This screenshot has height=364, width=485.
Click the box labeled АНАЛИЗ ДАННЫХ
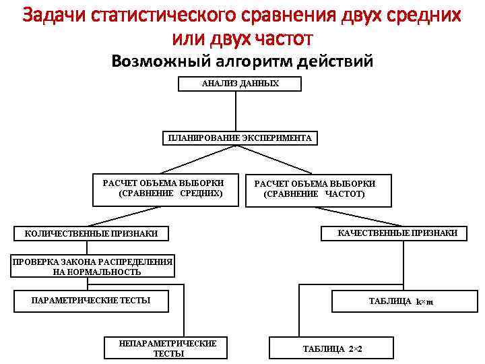(240, 84)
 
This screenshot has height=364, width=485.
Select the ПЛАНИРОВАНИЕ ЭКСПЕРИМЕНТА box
(240, 138)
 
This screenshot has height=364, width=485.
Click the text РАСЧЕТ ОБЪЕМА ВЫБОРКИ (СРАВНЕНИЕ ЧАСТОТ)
(314, 189)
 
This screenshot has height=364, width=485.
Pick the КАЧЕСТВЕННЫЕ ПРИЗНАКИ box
(397, 233)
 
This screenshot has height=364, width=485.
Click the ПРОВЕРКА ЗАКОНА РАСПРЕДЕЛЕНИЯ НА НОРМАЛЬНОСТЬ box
(93, 267)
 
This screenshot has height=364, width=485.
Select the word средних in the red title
(426, 15)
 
